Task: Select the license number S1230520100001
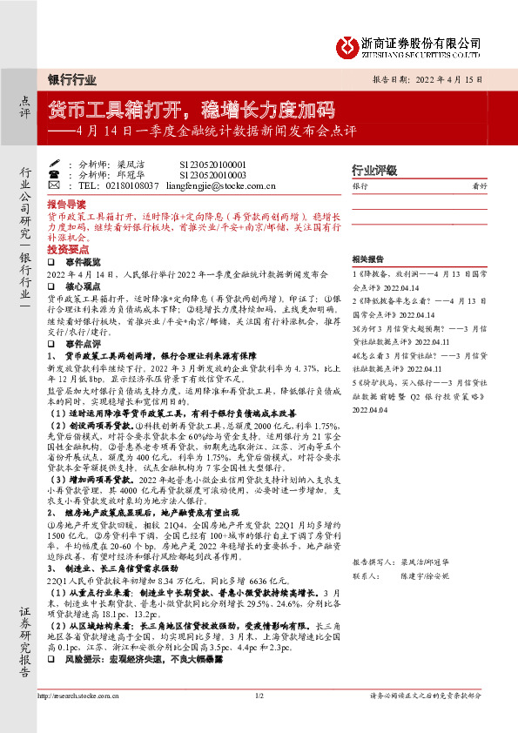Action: (212, 164)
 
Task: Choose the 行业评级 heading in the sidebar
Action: (373, 170)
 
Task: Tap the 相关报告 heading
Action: (369, 259)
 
